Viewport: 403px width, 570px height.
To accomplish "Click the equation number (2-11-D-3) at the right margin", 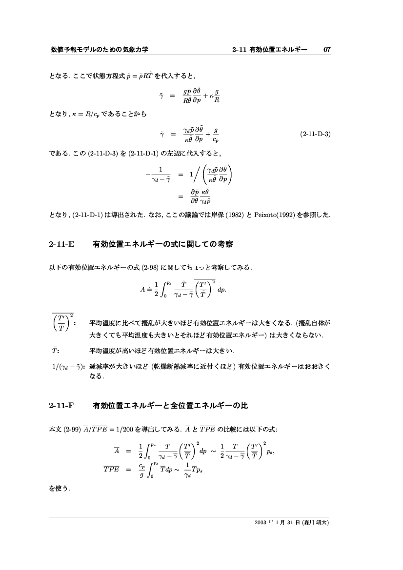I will pyautogui.click(x=315, y=134).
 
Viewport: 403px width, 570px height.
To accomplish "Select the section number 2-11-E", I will pyautogui.click(x=61, y=244).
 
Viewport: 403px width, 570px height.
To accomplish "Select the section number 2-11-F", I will pyautogui.click(x=61, y=406).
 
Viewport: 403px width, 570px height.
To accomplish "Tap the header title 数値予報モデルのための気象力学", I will pyautogui.click(x=100, y=50).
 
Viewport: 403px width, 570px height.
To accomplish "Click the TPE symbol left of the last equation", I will pyautogui.click(x=114, y=470).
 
